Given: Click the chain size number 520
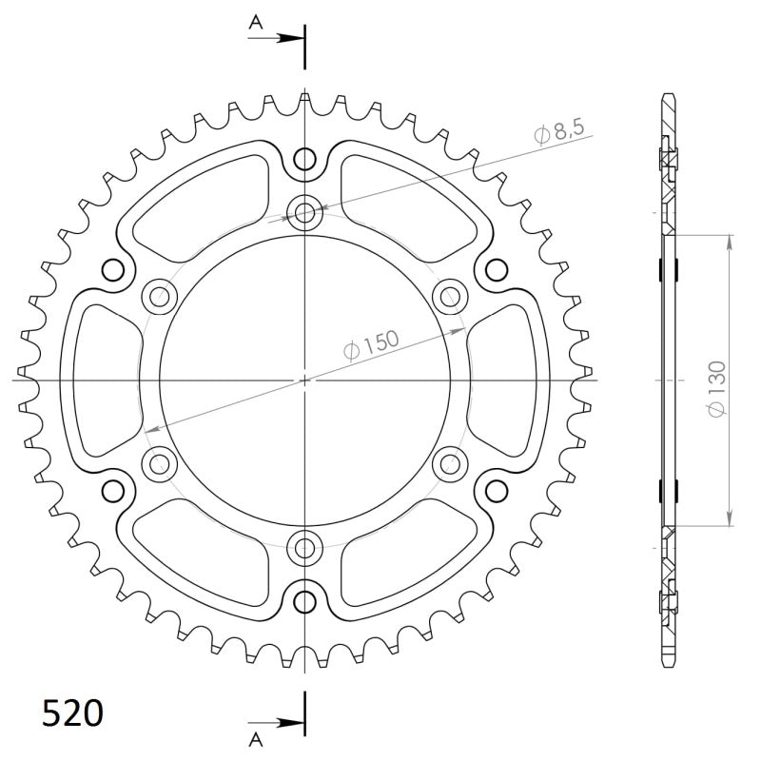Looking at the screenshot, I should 73,712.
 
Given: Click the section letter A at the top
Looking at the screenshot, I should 255,21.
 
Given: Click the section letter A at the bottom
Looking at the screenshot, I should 255,738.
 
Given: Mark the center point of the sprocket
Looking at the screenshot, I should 304,380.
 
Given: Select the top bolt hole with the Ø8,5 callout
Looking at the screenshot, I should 304,212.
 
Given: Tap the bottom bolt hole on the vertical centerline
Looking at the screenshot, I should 304,547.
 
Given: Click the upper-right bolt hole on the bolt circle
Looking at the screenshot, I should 449,296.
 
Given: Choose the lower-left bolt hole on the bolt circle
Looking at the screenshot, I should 159,463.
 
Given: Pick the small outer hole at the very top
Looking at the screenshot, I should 304,158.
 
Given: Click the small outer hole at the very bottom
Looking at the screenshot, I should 304,601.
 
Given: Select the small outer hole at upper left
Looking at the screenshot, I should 113,269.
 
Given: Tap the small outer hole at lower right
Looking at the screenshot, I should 496,491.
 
